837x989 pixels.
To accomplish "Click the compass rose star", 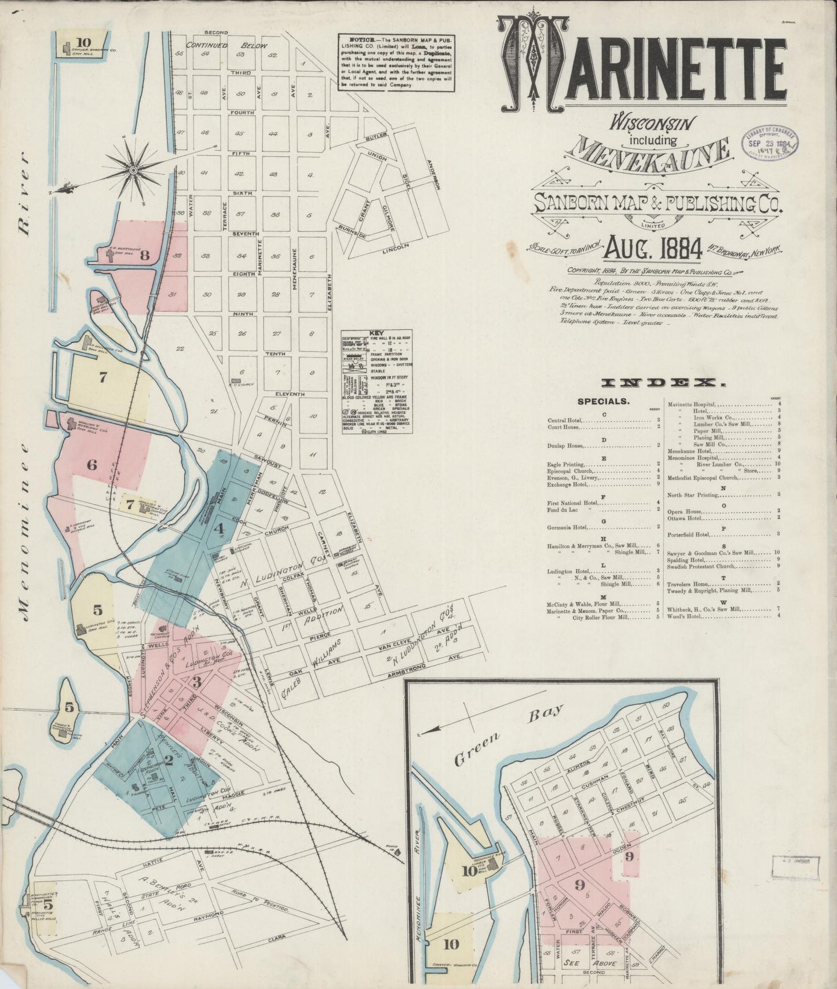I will click(133, 169).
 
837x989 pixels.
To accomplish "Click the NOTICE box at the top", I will click(396, 61).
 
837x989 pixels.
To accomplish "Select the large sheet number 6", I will click(92, 464).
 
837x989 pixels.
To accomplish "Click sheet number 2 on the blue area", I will click(169, 760).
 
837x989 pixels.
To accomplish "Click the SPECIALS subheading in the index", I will click(602, 400).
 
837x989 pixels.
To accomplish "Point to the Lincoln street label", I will click(396, 249).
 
